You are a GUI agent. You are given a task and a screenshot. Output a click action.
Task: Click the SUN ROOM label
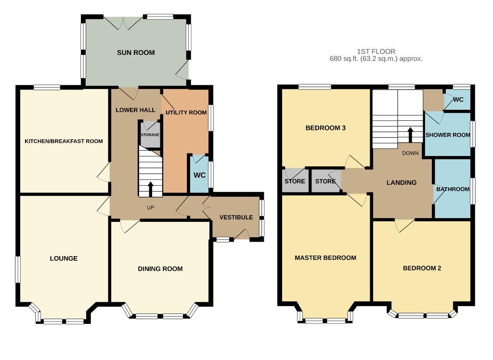pyautogui.click(x=136, y=52)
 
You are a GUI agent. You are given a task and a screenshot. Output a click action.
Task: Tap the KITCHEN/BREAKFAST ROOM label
pyautogui.click(x=64, y=141)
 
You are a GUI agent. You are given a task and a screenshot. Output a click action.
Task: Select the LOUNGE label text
pyautogui.click(x=64, y=258)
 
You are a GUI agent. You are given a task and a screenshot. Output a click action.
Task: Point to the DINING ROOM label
pyautogui.click(x=160, y=269)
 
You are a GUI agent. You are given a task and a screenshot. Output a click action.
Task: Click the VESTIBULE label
pyautogui.click(x=236, y=217)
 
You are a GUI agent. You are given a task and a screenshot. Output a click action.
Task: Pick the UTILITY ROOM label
pyautogui.click(x=186, y=112)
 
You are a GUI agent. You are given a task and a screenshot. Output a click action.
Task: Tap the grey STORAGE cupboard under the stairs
pyautogui.click(x=150, y=134)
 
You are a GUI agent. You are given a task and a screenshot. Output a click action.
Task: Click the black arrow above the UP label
pyautogui.click(x=151, y=189)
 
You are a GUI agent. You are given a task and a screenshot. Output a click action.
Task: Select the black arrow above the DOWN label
pyautogui.click(x=410, y=135)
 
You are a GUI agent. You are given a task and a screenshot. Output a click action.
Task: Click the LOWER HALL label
pyautogui.click(x=135, y=110)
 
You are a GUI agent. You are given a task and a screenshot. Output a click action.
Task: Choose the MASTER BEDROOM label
pyautogui.click(x=325, y=258)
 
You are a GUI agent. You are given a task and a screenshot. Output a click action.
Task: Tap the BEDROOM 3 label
pyautogui.click(x=326, y=128)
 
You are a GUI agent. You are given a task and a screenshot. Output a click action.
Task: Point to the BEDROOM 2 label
pyautogui.click(x=422, y=268)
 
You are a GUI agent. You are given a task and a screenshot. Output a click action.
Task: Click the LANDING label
pyautogui.click(x=402, y=182)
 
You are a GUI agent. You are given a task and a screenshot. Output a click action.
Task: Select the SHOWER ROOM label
pyautogui.click(x=448, y=135)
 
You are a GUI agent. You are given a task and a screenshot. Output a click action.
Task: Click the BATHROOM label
pyautogui.click(x=453, y=189)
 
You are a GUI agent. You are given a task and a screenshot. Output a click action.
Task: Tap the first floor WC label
pyautogui.click(x=458, y=100)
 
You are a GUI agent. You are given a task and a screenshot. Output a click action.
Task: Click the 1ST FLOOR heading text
pyautogui.click(x=376, y=51)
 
